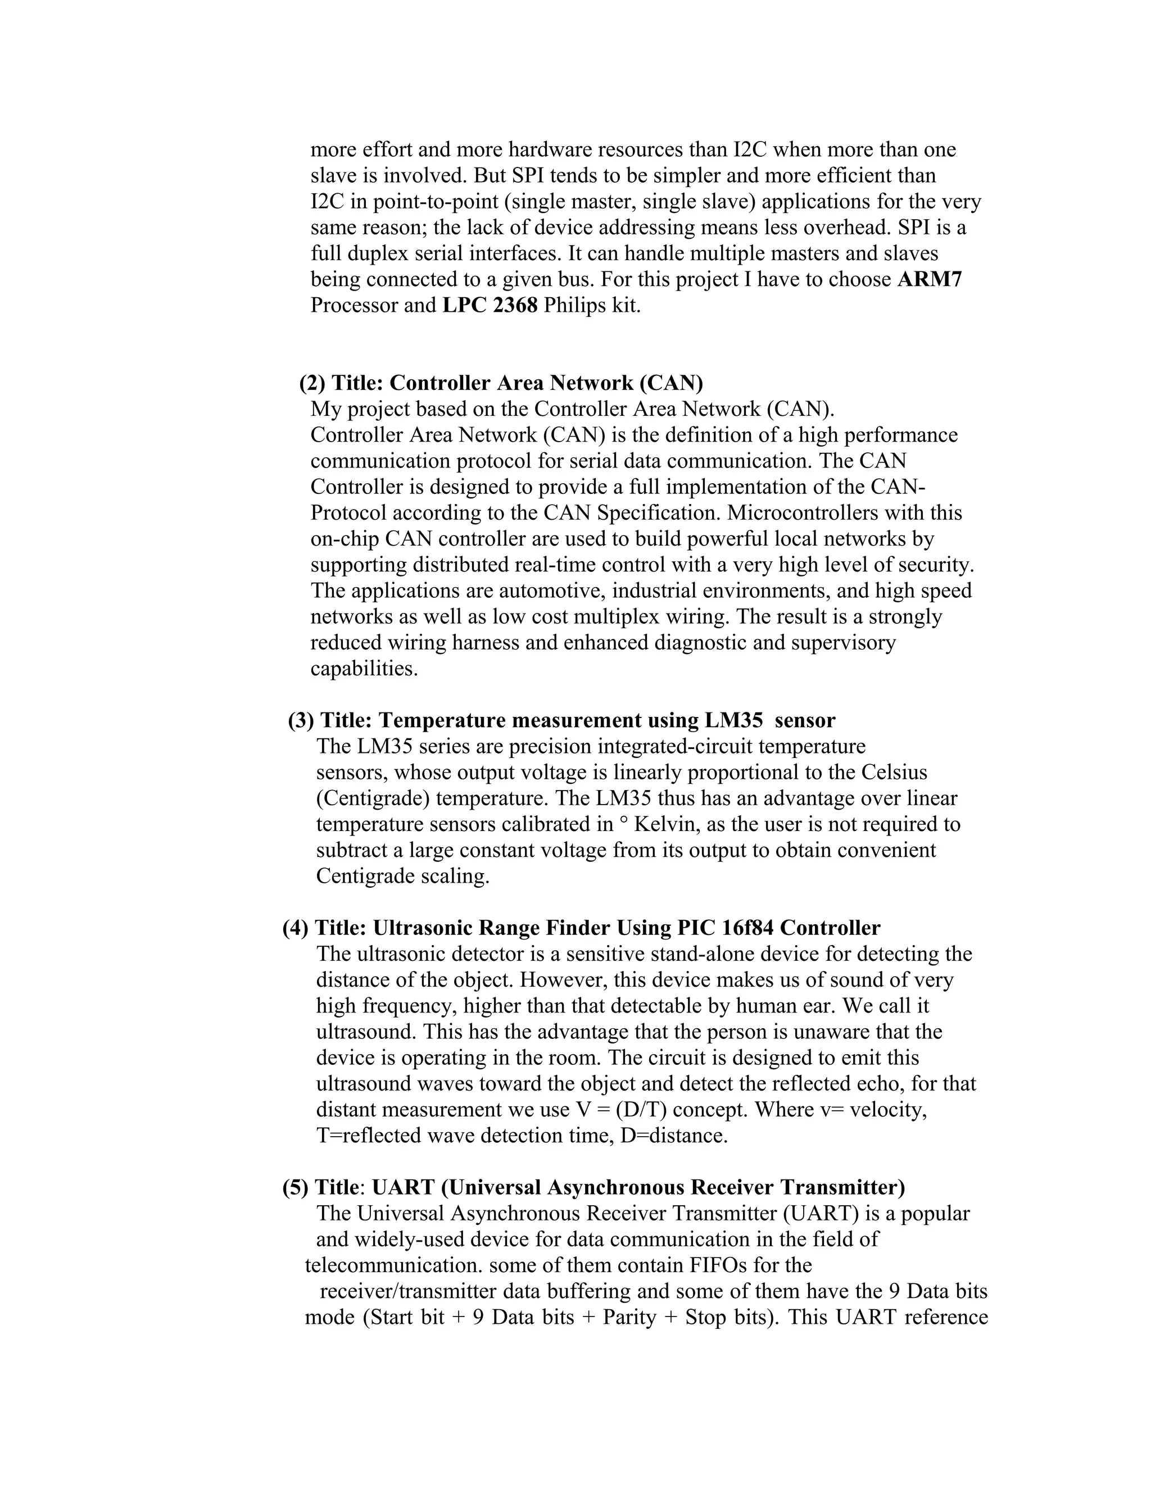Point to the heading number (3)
pos(301,721)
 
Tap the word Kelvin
pos(666,825)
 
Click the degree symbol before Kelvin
pos(623,821)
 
